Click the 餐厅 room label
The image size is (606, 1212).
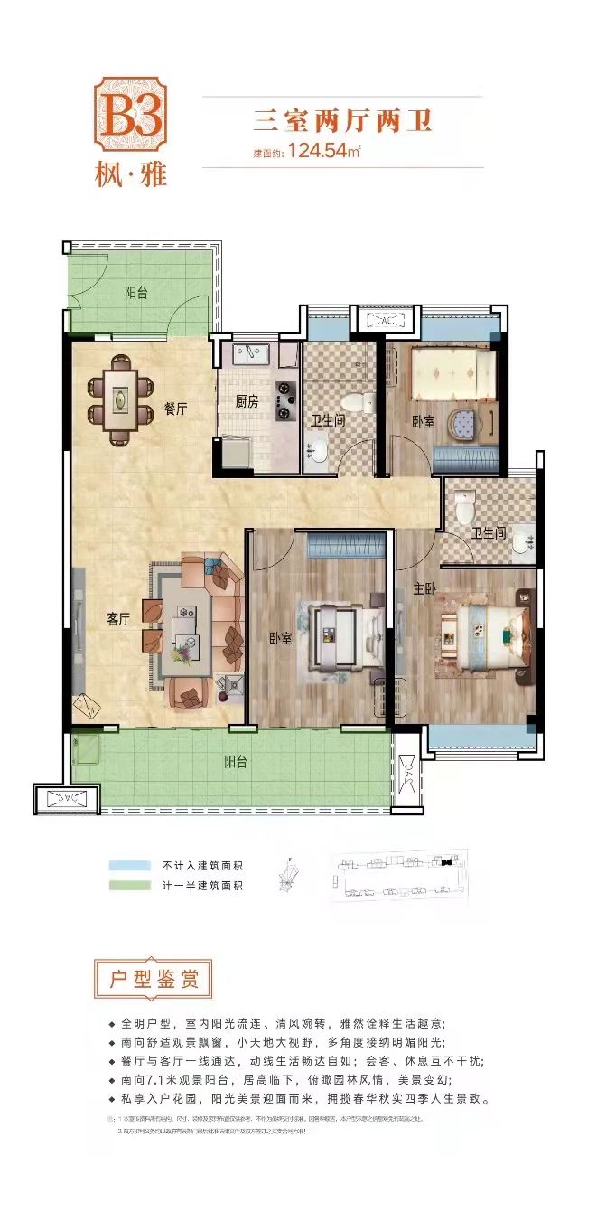[175, 409]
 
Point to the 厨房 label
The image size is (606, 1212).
[246, 401]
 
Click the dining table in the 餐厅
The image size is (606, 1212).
[120, 399]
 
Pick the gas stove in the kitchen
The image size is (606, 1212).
[287, 400]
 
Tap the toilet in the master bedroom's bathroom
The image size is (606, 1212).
[464, 506]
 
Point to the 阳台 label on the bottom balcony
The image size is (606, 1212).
[237, 761]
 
